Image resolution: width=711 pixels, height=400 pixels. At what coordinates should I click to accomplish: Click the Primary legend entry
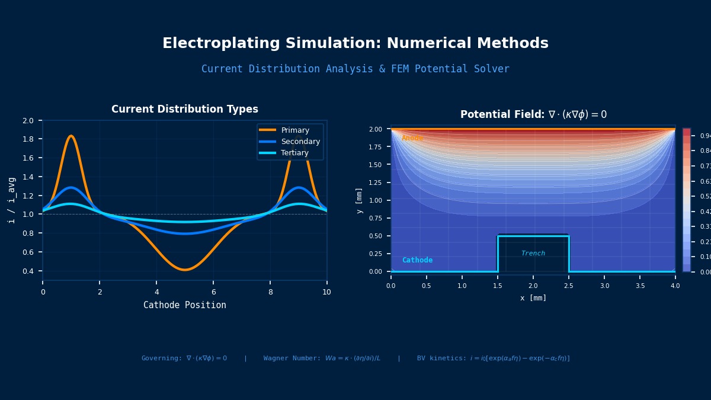pos(295,130)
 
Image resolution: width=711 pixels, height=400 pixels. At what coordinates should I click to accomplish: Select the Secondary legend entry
pos(300,142)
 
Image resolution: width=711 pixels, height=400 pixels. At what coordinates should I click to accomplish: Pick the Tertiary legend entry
pos(294,153)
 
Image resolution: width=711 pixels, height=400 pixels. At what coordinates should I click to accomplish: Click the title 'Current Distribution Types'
pos(185,110)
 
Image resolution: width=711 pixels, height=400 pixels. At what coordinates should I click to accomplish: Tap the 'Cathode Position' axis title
pos(185,305)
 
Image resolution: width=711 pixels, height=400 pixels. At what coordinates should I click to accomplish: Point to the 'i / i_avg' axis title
pos(11,200)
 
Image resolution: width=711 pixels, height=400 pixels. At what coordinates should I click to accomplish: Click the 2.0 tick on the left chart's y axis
pos(28,120)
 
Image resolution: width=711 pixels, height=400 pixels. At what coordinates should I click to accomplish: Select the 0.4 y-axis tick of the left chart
pos(28,271)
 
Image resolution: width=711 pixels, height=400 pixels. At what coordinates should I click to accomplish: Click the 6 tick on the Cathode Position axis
pos(213,292)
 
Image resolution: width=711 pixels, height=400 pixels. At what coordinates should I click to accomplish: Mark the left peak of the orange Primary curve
pos(71,136)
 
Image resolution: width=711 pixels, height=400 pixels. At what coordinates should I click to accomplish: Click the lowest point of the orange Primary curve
pos(185,270)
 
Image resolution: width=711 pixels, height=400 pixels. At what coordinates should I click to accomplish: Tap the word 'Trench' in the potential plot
pos(533,254)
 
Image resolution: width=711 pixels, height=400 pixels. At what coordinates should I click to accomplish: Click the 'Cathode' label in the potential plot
pos(417,260)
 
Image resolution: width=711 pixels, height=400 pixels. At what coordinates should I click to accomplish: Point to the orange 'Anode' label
pos(412,138)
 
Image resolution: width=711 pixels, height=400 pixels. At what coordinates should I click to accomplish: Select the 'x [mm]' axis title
pos(533,298)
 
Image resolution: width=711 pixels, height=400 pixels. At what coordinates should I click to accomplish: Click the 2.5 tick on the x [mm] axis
pos(569,286)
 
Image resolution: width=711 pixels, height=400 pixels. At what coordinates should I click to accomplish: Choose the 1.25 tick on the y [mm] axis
pos(376,183)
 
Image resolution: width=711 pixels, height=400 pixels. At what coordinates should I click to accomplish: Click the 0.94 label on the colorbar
pos(705,136)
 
